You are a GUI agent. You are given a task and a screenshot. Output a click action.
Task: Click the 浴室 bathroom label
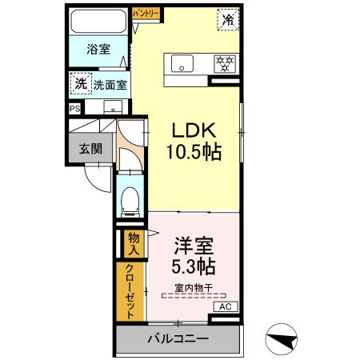[x=99, y=50]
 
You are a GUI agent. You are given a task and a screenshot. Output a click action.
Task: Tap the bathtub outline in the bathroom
[x=98, y=22]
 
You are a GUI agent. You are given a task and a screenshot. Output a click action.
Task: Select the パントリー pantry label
[x=146, y=14]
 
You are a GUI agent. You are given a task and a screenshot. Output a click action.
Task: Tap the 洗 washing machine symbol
[x=80, y=82]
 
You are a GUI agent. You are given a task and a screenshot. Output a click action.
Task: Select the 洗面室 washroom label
[x=109, y=83]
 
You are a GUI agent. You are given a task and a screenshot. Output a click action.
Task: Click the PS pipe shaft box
[x=74, y=109]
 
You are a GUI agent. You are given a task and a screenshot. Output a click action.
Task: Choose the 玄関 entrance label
[x=89, y=148]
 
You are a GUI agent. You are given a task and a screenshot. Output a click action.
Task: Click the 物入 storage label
[x=133, y=242]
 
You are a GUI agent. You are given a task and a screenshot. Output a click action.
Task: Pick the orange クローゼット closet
[x=130, y=292]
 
